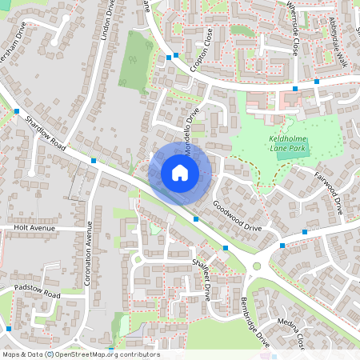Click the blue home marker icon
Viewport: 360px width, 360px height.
pos(180,173)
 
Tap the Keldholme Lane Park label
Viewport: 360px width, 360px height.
pos(287,143)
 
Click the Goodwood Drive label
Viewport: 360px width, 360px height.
pos(238,216)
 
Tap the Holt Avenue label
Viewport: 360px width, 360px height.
pos(33,227)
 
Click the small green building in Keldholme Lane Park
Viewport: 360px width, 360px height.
pos(284,154)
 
